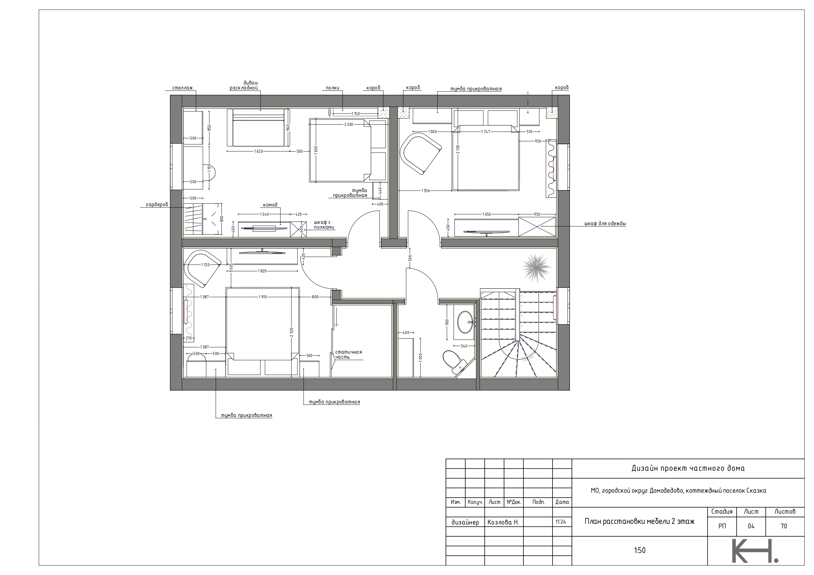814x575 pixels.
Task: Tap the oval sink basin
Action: tap(465, 322)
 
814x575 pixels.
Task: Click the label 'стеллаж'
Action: tap(182, 88)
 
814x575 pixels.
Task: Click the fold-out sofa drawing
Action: tap(259, 128)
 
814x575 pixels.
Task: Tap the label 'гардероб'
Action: tap(157, 205)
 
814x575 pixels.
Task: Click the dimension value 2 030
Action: tap(348, 124)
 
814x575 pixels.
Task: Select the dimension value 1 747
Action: tap(485, 132)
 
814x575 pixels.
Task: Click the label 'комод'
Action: tap(270, 205)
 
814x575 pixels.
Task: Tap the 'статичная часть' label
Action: tap(348, 354)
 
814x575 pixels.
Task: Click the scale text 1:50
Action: tap(639, 550)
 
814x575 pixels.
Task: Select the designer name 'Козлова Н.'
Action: tap(503, 522)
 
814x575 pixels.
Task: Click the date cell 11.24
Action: tap(561, 522)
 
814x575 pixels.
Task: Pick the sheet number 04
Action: tap(751, 526)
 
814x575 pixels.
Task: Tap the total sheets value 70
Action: tap(784, 526)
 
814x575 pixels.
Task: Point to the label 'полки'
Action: tap(333, 88)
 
